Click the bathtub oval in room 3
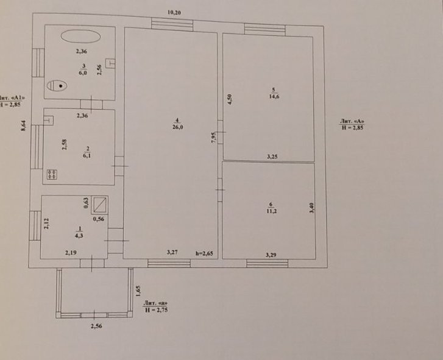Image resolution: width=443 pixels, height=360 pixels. pos(80,36)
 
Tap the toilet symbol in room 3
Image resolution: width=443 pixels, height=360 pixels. pos(57,85)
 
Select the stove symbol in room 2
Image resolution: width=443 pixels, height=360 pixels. pos(52,174)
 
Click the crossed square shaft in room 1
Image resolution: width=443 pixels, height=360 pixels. pos(100,205)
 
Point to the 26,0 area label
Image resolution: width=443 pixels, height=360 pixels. pos(178,127)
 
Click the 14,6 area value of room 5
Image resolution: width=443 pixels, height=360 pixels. pos(274,97)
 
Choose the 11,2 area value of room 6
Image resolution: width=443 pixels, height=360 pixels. pos(272,211)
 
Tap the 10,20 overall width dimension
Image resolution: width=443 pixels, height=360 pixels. pos(174,12)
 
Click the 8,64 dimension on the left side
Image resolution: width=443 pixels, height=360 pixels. pos(23,125)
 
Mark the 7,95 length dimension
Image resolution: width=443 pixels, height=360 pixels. pos(214,138)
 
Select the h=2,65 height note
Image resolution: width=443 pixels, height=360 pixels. pos(204,253)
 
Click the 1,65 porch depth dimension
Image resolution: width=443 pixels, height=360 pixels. pos(138,291)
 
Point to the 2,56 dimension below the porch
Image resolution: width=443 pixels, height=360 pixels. pos(96,326)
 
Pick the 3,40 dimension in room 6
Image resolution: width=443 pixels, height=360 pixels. pos(311,208)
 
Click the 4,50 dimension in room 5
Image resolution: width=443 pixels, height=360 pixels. pos(230,99)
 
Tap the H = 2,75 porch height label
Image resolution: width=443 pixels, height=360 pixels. pos(157,309)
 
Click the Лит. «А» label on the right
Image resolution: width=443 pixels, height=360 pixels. pos(352,121)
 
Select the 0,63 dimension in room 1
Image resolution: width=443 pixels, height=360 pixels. pos(86,203)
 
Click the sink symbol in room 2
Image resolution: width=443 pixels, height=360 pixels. pos(49,120)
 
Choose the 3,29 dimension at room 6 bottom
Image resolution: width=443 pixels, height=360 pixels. pos(271,255)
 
